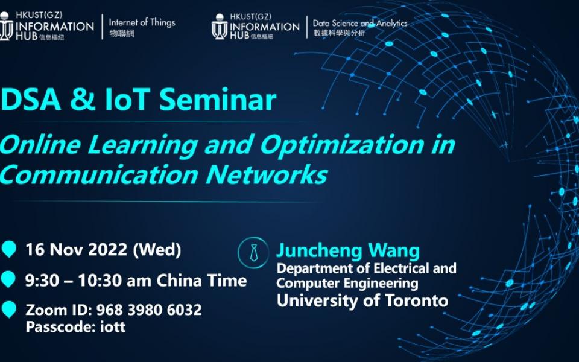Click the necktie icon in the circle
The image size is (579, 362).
[254, 253]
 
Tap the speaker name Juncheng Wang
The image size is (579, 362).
[348, 250]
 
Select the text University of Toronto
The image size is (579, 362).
[362, 300]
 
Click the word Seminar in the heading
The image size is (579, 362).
[218, 99]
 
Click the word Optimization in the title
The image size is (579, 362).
[342, 145]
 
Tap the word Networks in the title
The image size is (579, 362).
[267, 174]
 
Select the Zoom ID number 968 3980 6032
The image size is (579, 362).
[149, 310]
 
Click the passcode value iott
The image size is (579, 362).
[113, 326]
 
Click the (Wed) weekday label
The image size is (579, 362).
[157, 250]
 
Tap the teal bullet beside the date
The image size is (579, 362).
[8, 249]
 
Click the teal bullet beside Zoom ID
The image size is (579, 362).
[8, 309]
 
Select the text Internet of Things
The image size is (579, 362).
[142, 22]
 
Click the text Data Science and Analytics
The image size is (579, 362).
[360, 24]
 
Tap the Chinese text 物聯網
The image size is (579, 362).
[122, 33]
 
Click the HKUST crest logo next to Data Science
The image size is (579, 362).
[220, 27]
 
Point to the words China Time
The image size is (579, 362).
[201, 281]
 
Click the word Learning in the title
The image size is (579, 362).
[142, 145]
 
